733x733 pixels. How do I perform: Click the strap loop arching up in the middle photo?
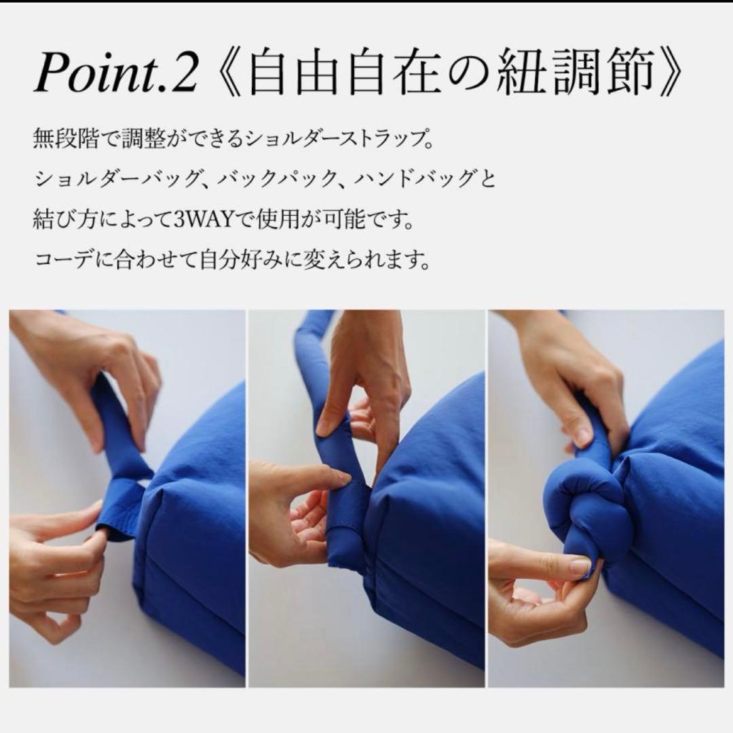(314, 360)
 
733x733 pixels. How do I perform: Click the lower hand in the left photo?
(54, 570)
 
